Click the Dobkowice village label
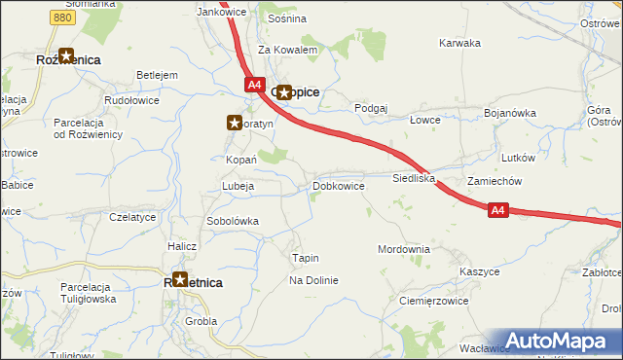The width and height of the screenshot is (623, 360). click(339, 186)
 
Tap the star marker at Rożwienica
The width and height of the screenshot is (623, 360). click(66, 57)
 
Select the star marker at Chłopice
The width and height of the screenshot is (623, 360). click(284, 93)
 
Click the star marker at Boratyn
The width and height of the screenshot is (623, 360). click(235, 124)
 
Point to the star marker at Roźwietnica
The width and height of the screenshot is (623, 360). click(179, 280)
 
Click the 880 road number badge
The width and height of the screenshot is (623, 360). click(63, 18)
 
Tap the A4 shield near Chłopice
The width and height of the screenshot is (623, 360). click(254, 86)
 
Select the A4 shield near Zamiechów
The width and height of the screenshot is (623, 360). click(497, 209)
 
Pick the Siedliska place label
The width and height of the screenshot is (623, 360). click(413, 179)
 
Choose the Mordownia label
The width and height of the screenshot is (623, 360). click(403, 249)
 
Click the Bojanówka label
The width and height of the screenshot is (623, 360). click(510, 113)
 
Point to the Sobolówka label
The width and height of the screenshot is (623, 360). click(232, 221)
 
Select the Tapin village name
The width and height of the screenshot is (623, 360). click(306, 258)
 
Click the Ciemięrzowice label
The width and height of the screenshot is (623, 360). click(434, 302)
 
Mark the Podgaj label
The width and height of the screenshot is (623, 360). click(372, 108)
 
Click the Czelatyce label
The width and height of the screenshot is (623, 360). click(132, 217)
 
